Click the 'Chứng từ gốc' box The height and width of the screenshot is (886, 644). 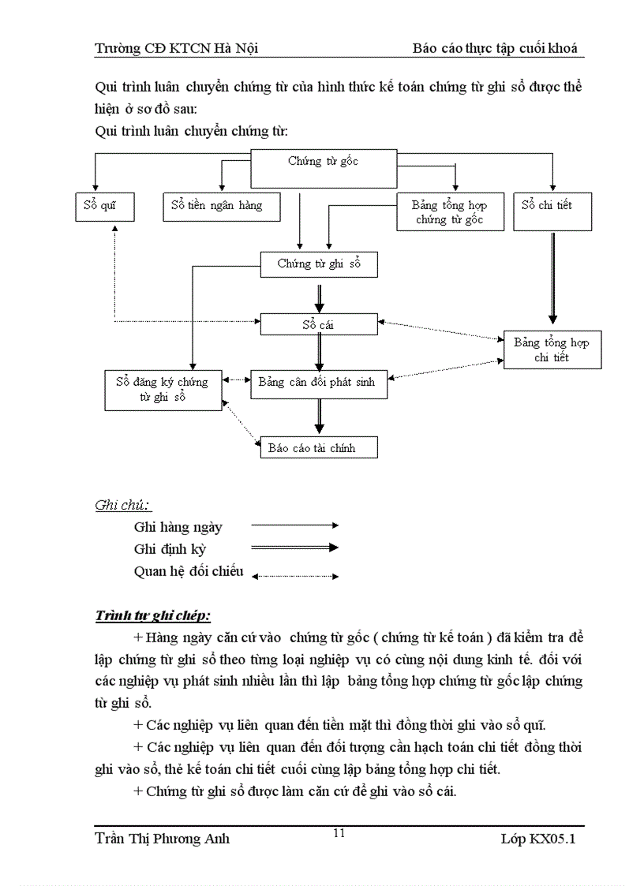coord(323,169)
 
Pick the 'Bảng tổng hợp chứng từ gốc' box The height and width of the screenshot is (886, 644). coord(450,211)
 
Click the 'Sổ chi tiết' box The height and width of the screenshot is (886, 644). coord(547,211)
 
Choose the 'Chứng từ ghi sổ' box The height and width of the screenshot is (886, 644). coord(319,264)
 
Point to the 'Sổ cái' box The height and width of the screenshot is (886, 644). coord(319,323)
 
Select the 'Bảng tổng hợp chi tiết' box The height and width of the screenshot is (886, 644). coord(552,350)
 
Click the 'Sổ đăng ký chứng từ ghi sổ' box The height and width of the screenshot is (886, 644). coord(162,389)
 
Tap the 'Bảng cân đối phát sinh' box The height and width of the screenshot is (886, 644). coord(319,383)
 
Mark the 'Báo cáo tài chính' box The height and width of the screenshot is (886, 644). coord(319,448)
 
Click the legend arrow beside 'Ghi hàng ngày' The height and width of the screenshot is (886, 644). coord(294,525)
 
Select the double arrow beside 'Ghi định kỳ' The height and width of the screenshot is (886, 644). coord(294,548)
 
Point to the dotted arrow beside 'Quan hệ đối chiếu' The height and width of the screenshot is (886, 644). coord(294,576)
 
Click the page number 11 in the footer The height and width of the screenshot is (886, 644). coord(339,833)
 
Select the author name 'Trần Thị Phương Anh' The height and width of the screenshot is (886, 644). coord(162,839)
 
